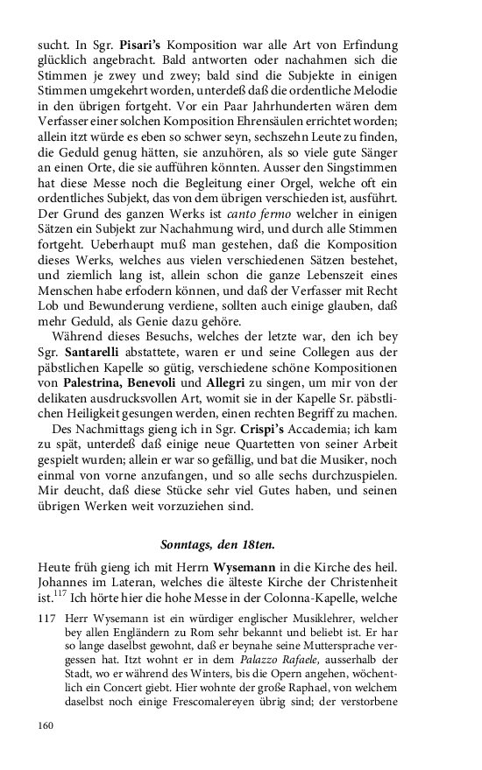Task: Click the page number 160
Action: click(45, 725)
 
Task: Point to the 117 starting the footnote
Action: click(46, 617)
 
